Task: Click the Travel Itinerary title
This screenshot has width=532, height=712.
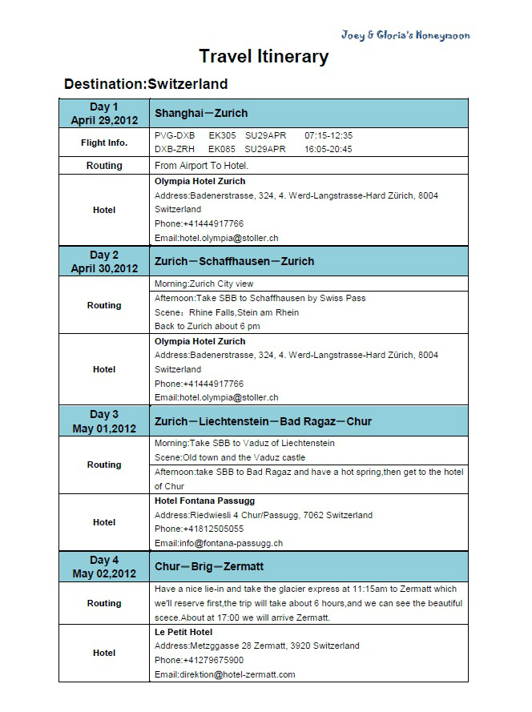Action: [x=264, y=57]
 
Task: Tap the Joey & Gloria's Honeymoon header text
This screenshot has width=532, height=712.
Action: [x=405, y=35]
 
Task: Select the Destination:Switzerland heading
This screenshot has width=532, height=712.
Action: [x=146, y=84]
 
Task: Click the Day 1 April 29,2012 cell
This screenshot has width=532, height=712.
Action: [x=104, y=114]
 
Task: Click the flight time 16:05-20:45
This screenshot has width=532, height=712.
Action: [x=328, y=149]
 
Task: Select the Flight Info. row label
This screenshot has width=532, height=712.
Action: [x=104, y=143]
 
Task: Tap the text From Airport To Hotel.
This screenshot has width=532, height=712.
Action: [x=202, y=166]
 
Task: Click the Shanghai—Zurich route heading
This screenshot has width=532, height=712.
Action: [x=201, y=113]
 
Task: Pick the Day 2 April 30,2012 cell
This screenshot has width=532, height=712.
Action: [x=104, y=262]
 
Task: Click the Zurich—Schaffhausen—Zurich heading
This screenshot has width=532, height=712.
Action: [x=234, y=261]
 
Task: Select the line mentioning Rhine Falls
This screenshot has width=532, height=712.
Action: [x=227, y=312]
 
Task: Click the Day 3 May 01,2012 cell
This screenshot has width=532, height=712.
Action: [x=104, y=421]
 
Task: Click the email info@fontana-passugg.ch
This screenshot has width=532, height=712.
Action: [x=219, y=543]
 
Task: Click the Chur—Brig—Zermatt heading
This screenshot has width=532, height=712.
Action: [x=209, y=567]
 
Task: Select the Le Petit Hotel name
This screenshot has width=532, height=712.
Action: [x=184, y=631]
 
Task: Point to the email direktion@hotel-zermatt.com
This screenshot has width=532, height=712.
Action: [x=225, y=674]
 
